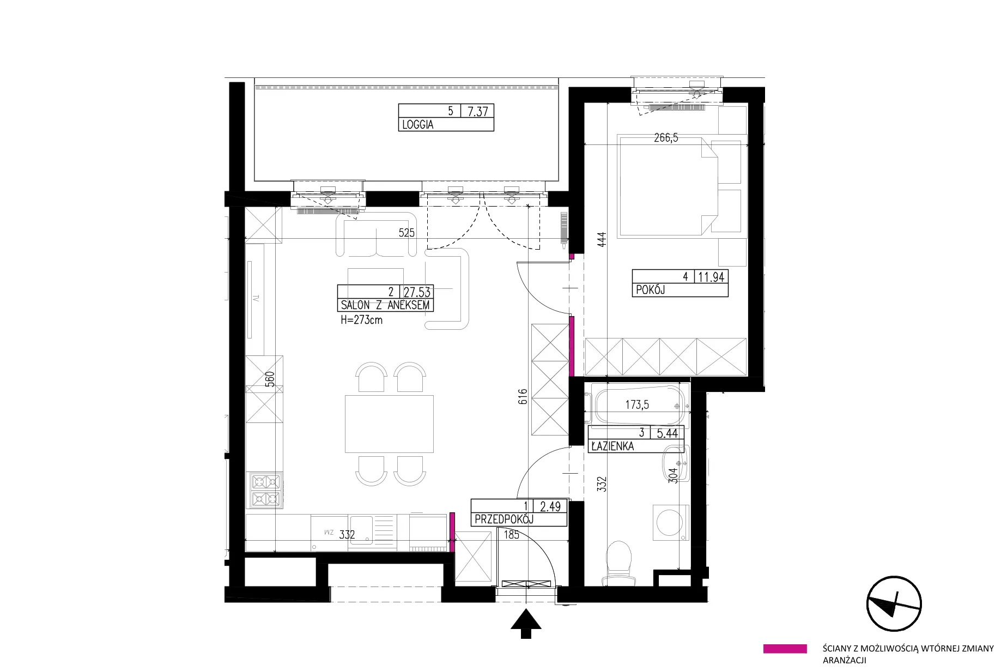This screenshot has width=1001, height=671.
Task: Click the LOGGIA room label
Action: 418,125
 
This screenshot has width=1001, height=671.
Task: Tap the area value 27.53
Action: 417,292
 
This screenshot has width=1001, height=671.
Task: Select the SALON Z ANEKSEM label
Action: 385,305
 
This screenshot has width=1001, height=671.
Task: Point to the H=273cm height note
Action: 361,320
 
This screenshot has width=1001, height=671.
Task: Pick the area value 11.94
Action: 711,277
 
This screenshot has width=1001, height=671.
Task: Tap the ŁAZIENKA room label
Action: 612,446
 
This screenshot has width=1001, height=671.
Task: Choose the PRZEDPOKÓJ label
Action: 504,519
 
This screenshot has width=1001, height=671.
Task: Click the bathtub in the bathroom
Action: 638,406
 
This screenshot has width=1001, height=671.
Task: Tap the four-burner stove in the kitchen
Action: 265,490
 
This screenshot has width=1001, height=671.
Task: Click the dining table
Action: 389,425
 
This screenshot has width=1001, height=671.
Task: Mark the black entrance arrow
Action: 526,624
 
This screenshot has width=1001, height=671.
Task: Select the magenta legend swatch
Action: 785,649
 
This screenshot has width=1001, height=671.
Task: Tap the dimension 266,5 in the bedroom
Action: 666,138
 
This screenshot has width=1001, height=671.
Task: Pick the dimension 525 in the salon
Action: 407,233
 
